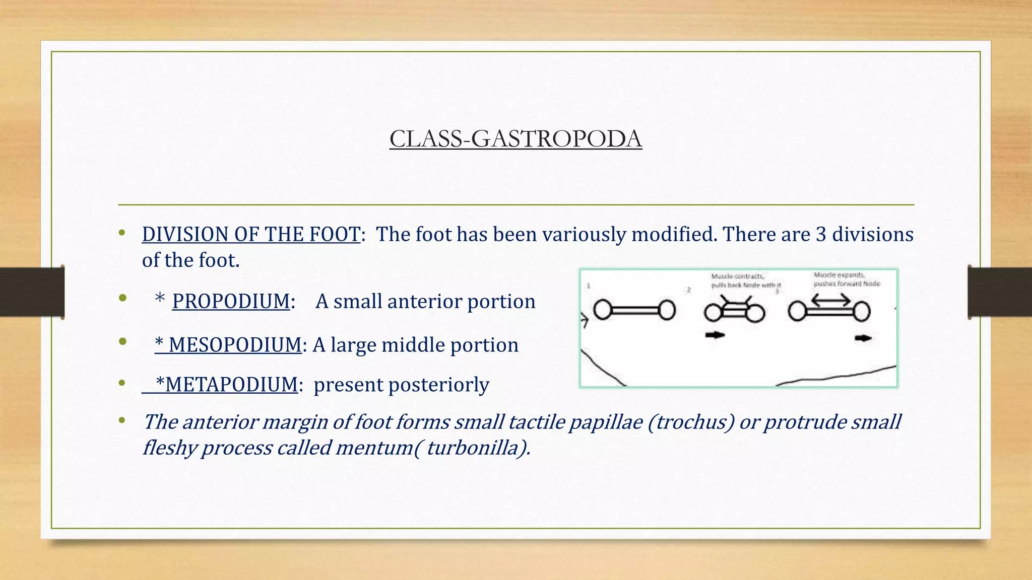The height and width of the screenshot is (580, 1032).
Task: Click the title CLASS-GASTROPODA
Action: click(x=515, y=139)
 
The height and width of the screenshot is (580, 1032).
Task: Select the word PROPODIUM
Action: click(x=231, y=302)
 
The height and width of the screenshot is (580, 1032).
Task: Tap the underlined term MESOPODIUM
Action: click(x=235, y=345)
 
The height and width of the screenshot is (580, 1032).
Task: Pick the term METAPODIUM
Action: click(x=231, y=385)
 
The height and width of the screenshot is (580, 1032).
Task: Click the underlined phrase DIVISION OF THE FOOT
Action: click(x=251, y=235)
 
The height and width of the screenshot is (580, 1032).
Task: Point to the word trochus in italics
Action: click(x=691, y=422)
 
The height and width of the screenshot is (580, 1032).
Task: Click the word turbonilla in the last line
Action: click(x=473, y=448)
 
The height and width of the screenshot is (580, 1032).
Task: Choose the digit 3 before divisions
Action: click(x=821, y=235)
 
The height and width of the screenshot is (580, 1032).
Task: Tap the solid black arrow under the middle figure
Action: click(x=715, y=335)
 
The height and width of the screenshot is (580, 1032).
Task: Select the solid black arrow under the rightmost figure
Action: click(x=863, y=338)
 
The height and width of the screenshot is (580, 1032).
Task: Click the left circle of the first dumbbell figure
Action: click(x=603, y=310)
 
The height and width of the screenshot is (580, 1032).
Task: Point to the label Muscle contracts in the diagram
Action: click(x=737, y=276)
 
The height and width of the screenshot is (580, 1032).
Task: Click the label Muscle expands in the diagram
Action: click(x=839, y=275)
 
